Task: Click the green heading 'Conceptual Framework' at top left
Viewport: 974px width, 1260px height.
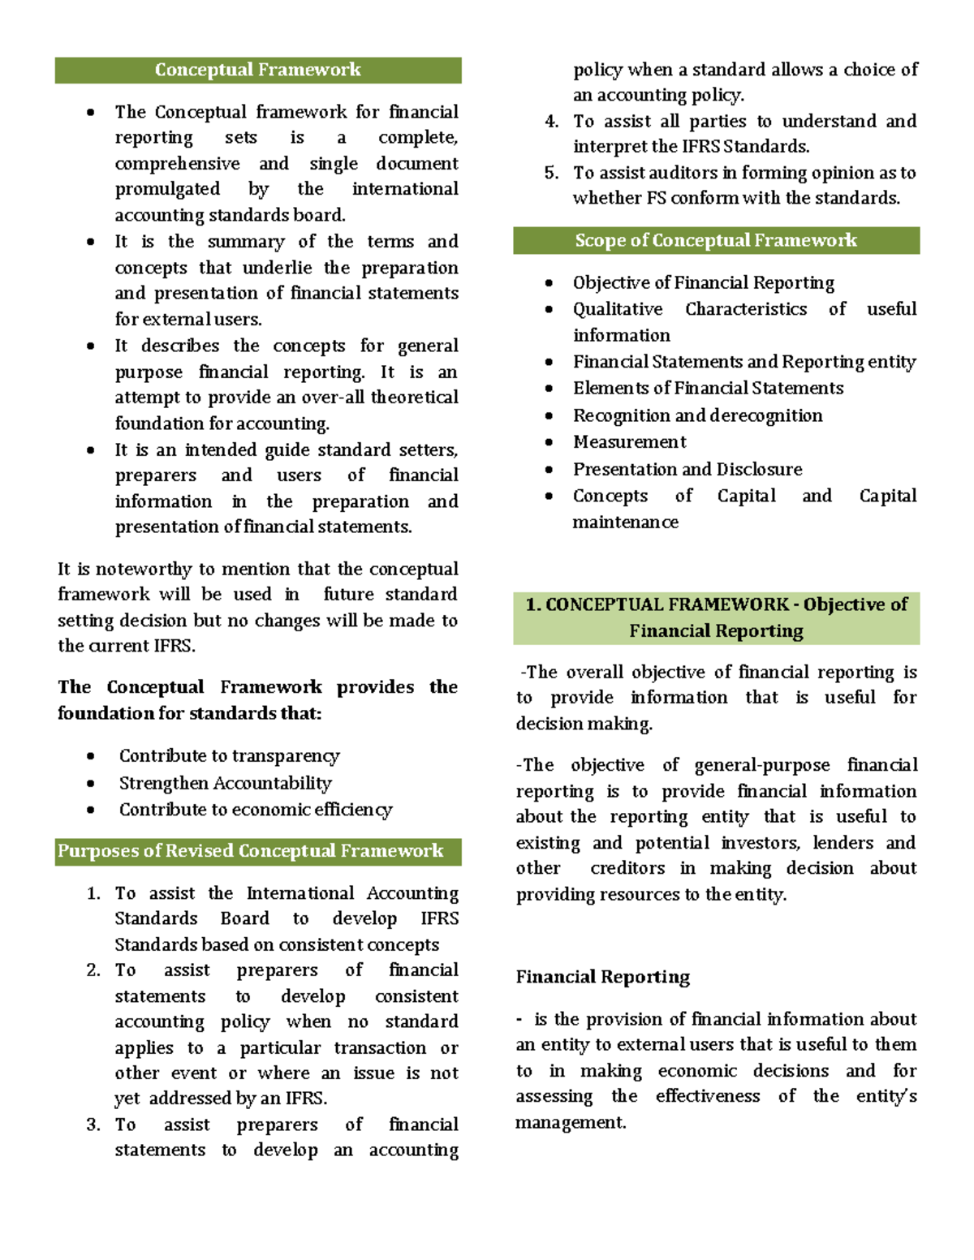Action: point(257,70)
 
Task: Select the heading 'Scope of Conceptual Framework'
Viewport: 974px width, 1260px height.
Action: point(715,240)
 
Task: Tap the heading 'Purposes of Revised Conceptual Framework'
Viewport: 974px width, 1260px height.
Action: point(250,851)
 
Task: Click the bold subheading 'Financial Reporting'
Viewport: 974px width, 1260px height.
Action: point(602,977)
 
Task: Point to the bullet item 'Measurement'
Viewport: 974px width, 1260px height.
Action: point(629,442)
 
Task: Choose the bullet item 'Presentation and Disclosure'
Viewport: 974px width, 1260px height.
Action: point(687,469)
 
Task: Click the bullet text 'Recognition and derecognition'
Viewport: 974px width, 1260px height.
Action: point(697,415)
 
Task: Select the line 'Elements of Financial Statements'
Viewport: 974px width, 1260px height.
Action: point(708,388)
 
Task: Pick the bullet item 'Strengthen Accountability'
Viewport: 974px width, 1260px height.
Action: point(225,783)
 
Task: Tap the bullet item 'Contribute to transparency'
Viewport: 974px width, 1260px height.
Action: point(229,756)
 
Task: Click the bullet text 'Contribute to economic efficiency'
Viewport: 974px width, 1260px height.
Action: point(255,810)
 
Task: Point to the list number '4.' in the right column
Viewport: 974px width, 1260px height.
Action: point(552,122)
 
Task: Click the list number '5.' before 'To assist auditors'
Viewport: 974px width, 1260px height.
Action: point(552,173)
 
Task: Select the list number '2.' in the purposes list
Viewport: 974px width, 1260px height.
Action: point(93,970)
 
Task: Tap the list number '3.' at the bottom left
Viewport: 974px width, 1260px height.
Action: point(93,1125)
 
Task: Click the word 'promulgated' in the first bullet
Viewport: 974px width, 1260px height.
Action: point(167,189)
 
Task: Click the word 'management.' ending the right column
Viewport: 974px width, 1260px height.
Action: point(571,1123)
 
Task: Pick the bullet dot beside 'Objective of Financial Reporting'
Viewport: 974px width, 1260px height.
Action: point(549,283)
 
